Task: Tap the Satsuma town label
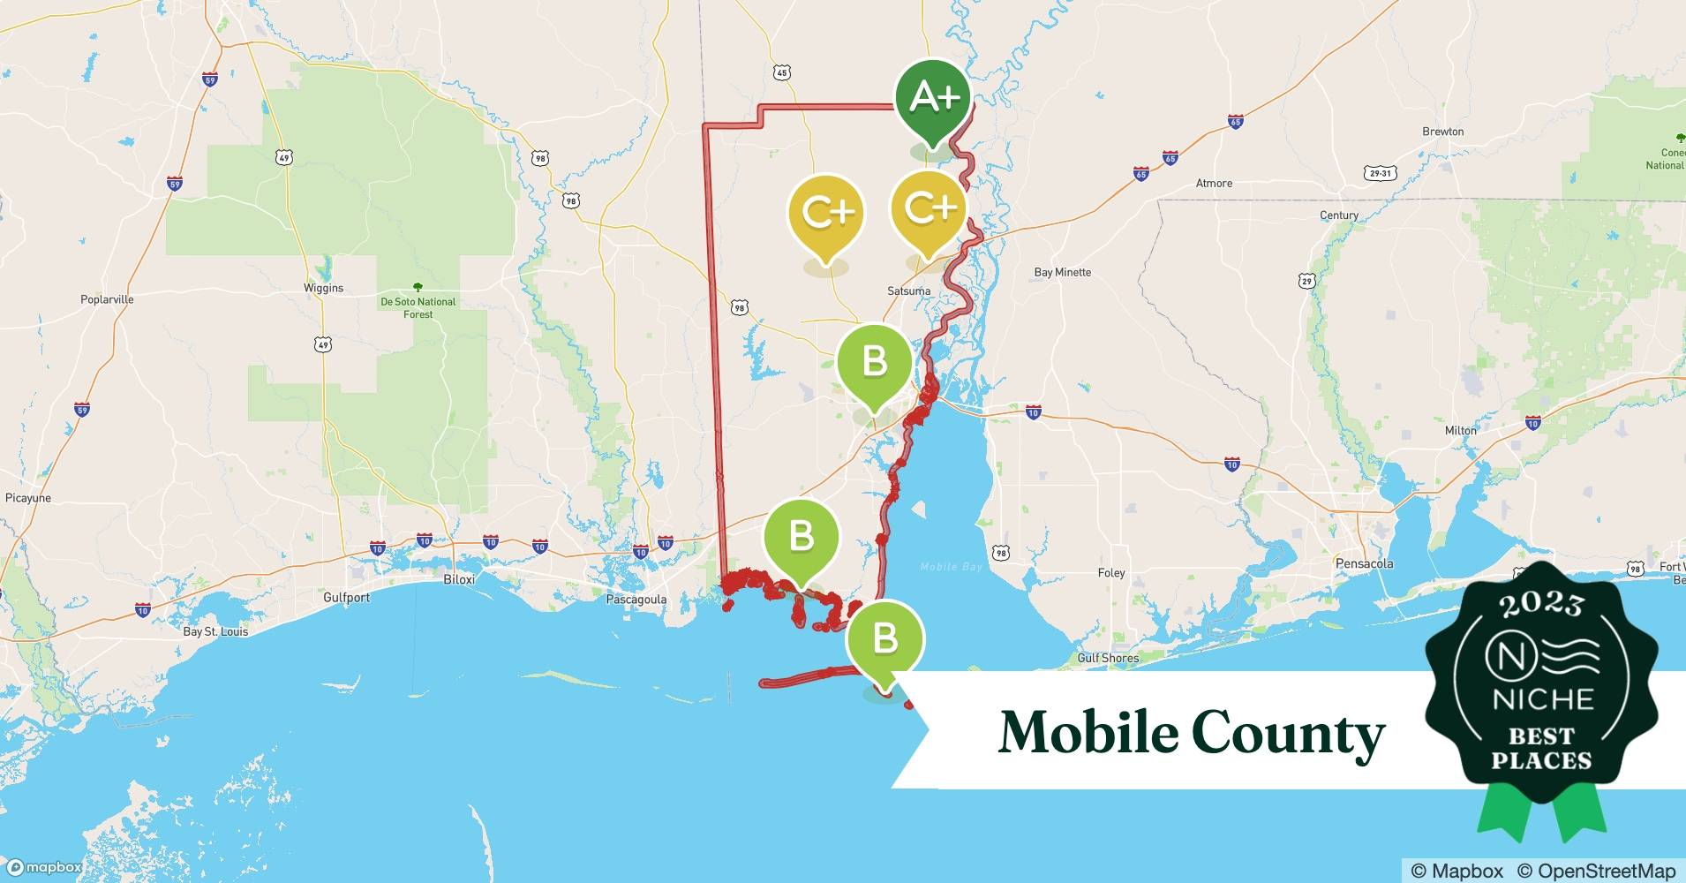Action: click(908, 291)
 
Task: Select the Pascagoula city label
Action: click(636, 600)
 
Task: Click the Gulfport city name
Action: click(346, 598)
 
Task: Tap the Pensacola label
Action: click(1364, 563)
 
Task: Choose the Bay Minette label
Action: click(1062, 272)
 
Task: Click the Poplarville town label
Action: click(107, 299)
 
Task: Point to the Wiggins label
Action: click(323, 288)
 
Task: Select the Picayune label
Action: click(28, 498)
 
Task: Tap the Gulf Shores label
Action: click(1108, 658)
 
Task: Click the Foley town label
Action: click(1111, 573)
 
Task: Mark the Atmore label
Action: click(1214, 184)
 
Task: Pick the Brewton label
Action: click(1442, 132)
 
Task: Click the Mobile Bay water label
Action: click(951, 567)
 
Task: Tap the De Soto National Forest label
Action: click(418, 307)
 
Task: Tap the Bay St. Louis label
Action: click(215, 631)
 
